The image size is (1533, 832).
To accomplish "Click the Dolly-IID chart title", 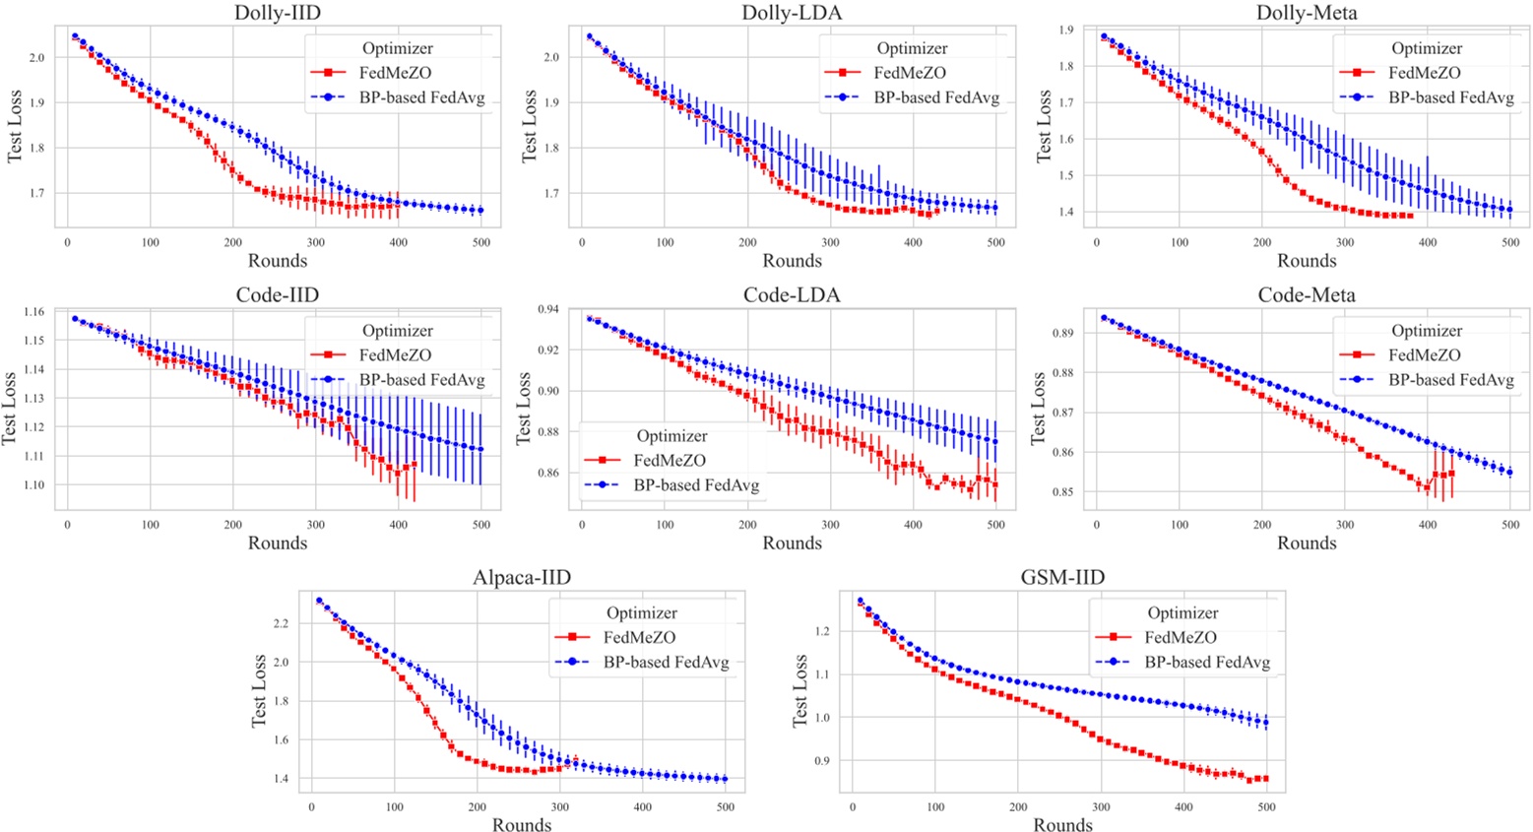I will coord(277,13).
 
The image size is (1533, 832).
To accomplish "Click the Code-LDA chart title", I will coord(792,295).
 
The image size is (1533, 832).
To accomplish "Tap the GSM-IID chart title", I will coord(1062,577).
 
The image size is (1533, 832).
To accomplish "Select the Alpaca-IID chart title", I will coord(522,577).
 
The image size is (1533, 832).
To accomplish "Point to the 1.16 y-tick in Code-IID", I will coord(32,312).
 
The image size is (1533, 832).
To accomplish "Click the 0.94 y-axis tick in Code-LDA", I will coord(547,309).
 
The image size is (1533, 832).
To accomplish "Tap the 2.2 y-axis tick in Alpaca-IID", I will coord(281,623).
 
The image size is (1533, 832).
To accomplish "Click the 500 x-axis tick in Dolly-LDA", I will coord(995,242).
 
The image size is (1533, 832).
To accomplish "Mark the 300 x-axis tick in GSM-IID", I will coord(1101,807).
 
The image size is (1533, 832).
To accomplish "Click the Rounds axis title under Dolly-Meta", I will coord(1307,261).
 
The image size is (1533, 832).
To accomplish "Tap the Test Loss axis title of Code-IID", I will coord(11,409).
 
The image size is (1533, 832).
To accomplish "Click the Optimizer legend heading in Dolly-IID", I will coord(397,48).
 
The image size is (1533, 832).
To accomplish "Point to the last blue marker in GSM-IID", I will coord(1266,723).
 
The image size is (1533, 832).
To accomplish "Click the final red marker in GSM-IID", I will coord(1265,779).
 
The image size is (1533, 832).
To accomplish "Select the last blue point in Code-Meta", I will coord(1509,473).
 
